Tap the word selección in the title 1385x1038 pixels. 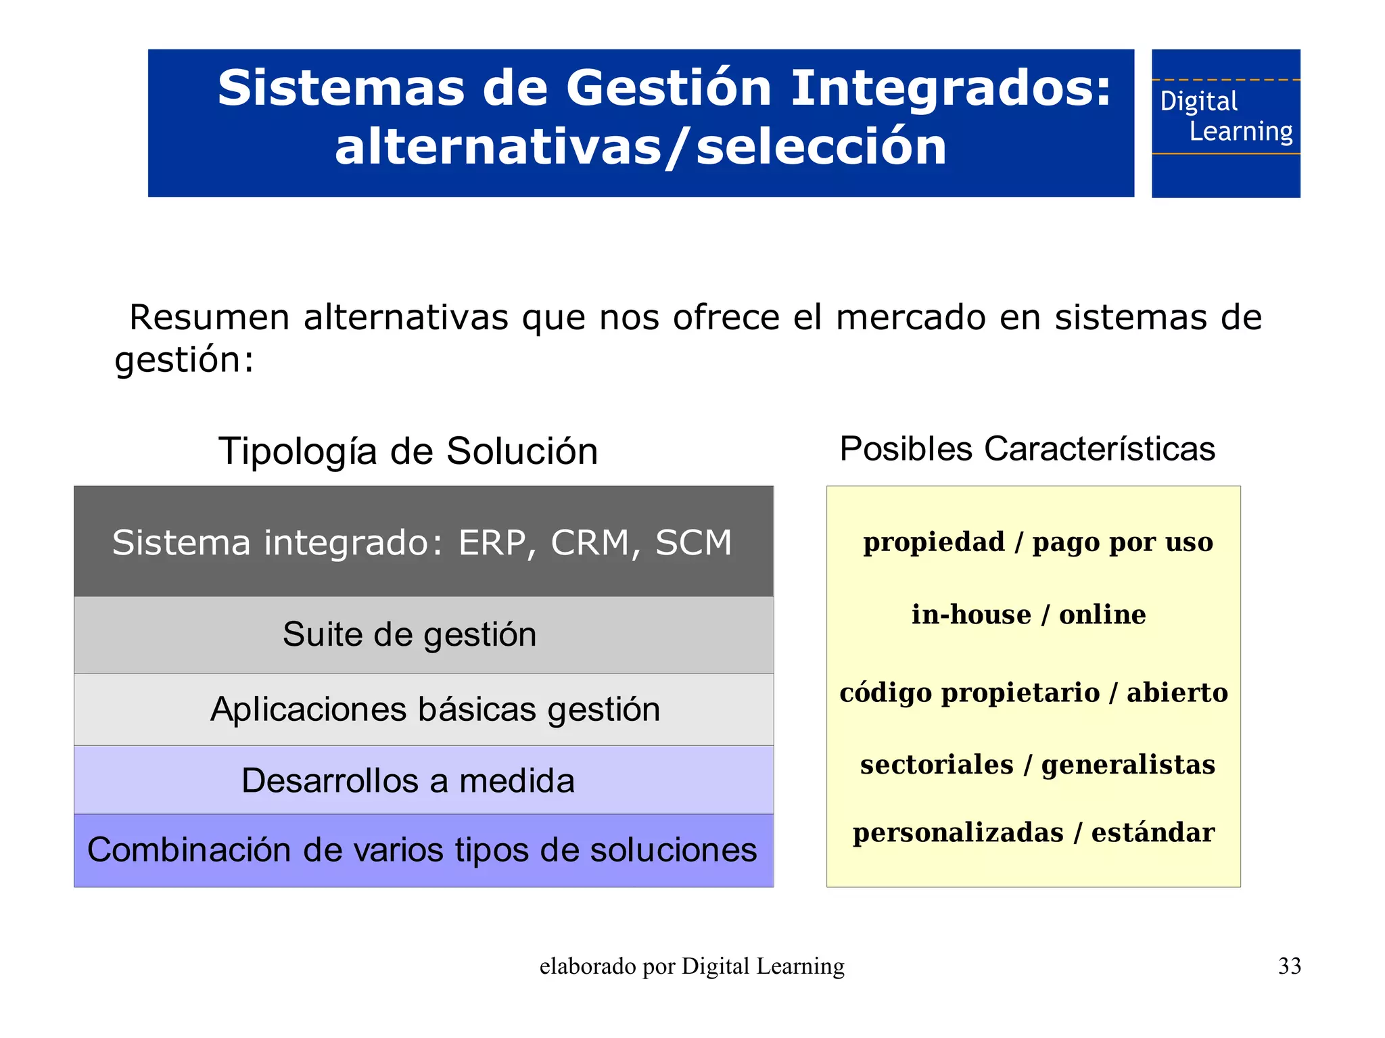point(821,147)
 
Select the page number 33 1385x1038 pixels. point(1289,966)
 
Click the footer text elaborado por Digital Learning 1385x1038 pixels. point(692,966)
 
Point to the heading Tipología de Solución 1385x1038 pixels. point(408,451)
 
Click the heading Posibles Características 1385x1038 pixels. point(1027,449)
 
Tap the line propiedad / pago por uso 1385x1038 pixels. point(1037,542)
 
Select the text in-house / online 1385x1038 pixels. point(1028,615)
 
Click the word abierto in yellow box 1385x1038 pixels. point(1177,692)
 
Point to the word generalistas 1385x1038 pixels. point(1127,765)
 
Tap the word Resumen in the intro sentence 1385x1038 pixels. point(209,317)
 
